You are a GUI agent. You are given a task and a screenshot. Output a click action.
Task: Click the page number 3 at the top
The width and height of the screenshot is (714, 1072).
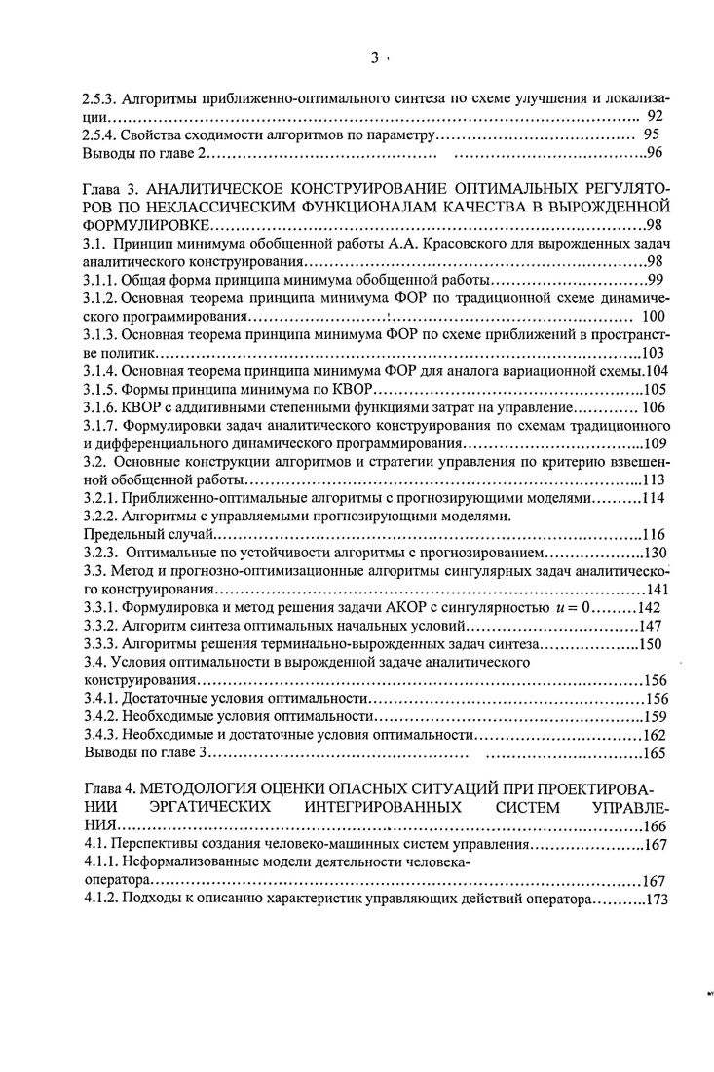[x=374, y=57]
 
